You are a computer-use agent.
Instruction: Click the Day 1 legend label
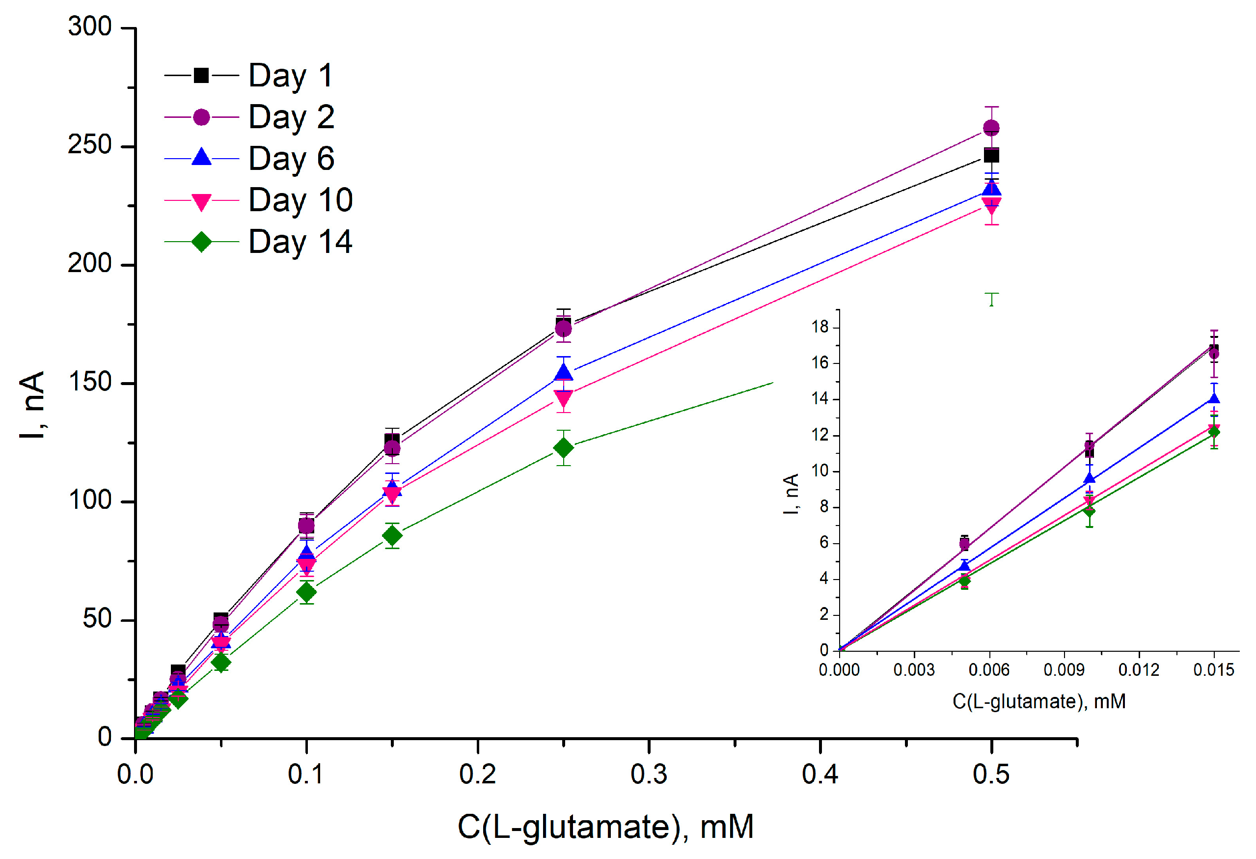tap(290, 75)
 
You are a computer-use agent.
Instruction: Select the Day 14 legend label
tap(300, 242)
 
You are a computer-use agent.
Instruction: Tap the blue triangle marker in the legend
tap(201, 157)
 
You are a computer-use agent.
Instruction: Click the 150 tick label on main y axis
tap(90, 383)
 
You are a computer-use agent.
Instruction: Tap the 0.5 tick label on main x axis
tap(991, 775)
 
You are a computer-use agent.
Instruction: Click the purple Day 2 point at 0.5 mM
tap(991, 128)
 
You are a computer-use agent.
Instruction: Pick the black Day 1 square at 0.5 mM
tap(991, 156)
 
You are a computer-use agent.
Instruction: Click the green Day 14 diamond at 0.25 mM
tap(563, 447)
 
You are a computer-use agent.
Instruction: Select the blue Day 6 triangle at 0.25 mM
tap(563, 372)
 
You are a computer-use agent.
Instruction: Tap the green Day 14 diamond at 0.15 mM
tap(392, 536)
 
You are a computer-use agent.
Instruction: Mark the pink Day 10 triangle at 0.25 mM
tap(563, 399)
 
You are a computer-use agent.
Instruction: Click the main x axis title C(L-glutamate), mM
tap(605, 827)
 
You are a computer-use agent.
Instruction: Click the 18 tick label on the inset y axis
tap(820, 327)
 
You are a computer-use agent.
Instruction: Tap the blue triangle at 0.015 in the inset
tap(1214, 399)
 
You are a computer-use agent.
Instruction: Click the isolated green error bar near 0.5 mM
tap(991, 299)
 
